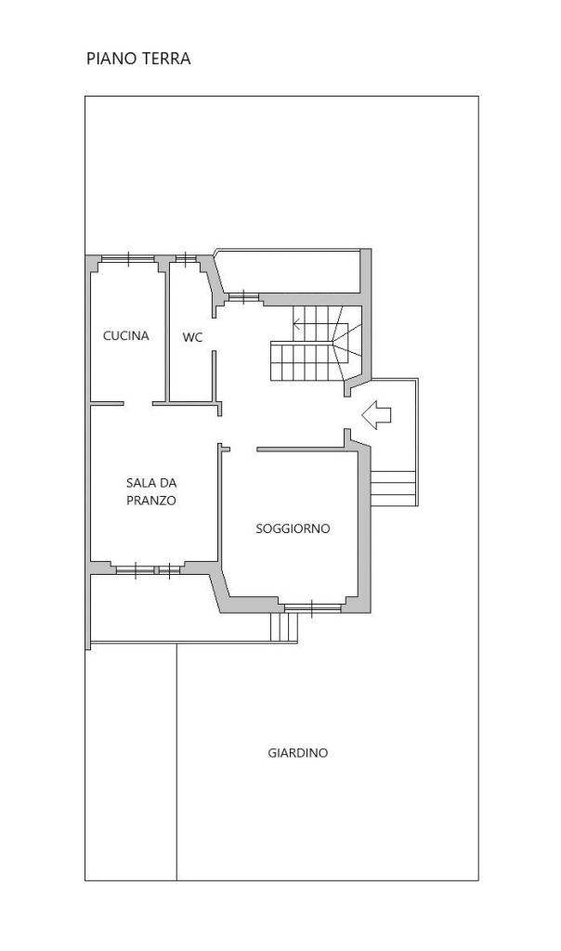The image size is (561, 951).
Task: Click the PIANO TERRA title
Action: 138,59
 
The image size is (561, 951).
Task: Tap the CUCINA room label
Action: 125,335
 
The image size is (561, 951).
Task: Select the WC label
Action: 192,337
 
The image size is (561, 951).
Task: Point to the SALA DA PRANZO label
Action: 151,492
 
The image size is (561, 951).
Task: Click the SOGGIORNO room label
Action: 293,528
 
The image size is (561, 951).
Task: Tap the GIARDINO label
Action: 298,752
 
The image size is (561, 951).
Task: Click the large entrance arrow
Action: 376,415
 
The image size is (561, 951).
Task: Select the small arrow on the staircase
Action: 297,323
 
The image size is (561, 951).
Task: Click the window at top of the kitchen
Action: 128,259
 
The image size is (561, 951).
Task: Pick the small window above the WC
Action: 186,259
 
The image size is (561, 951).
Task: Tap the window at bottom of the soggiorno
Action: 312,607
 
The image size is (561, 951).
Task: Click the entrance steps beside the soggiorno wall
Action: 393,489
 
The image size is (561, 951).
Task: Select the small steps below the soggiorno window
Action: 284,627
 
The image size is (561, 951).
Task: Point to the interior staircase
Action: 316,344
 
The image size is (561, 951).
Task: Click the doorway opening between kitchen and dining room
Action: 137,403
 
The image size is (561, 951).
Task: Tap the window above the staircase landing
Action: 242,297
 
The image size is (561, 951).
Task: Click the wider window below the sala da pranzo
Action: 135,569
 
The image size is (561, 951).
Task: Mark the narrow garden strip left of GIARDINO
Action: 131,762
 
